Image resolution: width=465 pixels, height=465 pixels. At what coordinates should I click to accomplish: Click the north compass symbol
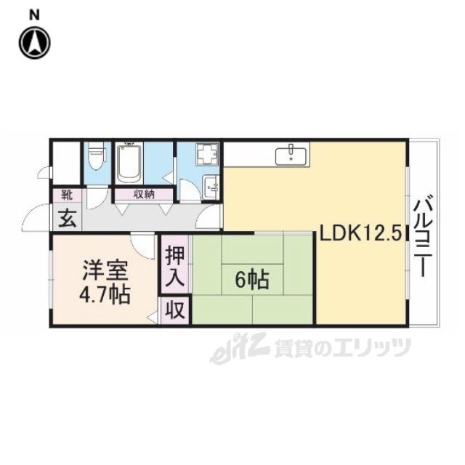pyautogui.click(x=35, y=43)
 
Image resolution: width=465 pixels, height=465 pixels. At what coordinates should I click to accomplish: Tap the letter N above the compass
pyautogui.click(x=34, y=15)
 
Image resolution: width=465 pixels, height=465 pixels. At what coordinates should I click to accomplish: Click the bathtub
pyautogui.click(x=129, y=163)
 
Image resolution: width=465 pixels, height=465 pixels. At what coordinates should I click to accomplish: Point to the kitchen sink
pyautogui.click(x=291, y=156)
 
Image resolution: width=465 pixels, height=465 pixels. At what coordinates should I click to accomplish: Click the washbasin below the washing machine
pyautogui.click(x=211, y=187)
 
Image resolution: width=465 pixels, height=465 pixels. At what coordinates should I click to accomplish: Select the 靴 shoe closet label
pyautogui.click(x=67, y=195)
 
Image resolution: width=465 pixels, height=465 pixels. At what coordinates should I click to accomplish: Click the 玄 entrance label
pyautogui.click(x=67, y=219)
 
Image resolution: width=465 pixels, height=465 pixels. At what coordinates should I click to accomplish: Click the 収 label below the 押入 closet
pyautogui.click(x=175, y=310)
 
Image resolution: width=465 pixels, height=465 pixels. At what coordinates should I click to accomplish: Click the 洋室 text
pyautogui.click(x=105, y=271)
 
